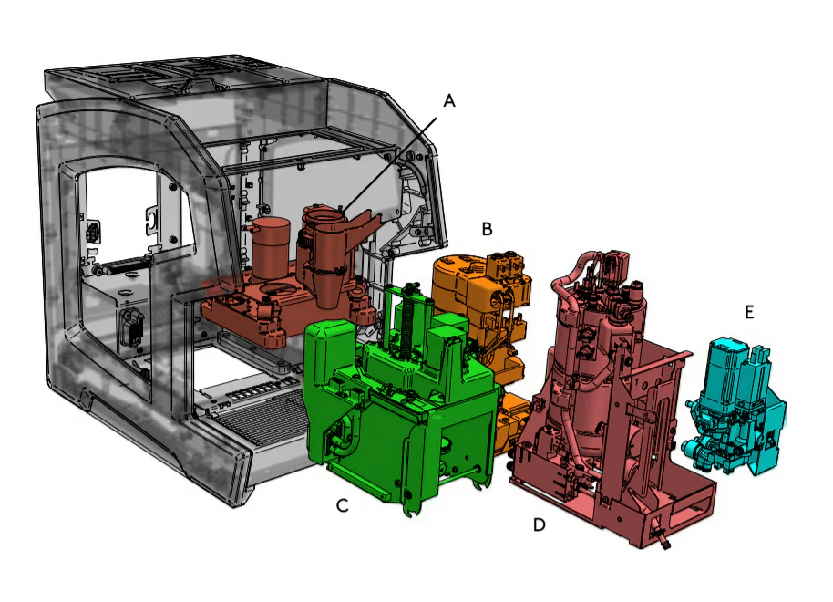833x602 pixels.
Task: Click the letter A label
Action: pyautogui.click(x=449, y=100)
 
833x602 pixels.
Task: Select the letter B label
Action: pyautogui.click(x=487, y=229)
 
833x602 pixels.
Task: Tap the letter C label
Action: pyautogui.click(x=343, y=505)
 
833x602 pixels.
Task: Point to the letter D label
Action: pyautogui.click(x=540, y=524)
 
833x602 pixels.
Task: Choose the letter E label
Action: pyautogui.click(x=749, y=312)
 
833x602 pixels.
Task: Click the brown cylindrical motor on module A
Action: pyautogui.click(x=271, y=248)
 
